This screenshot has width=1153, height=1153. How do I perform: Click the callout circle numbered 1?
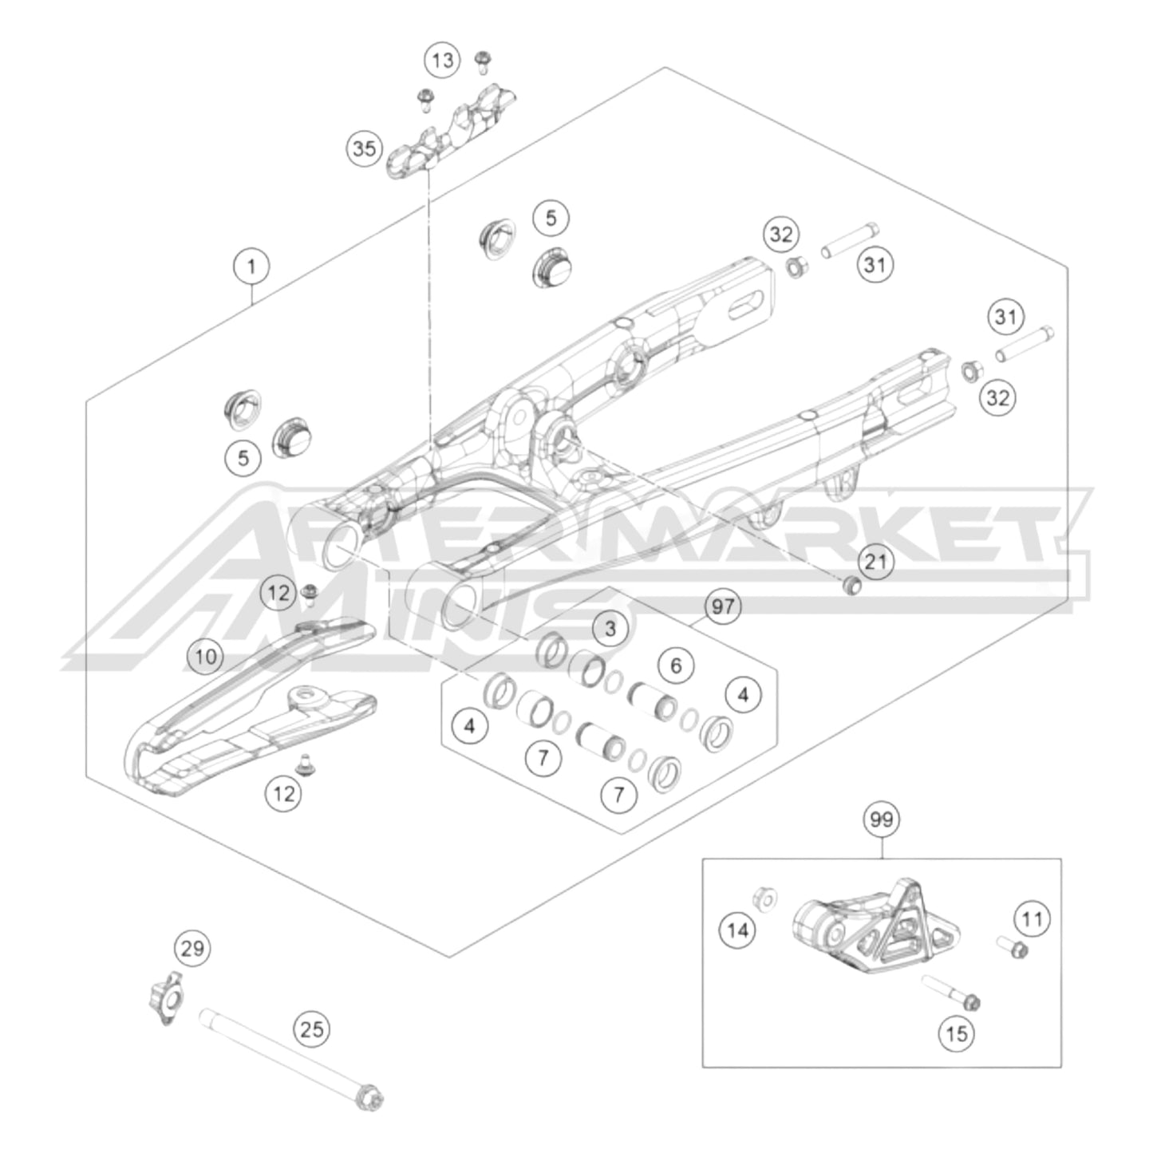point(252,265)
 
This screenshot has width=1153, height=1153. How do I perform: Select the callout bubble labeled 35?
point(364,148)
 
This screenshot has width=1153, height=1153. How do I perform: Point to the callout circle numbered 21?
point(876,562)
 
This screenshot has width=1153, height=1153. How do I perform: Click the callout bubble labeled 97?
point(722,606)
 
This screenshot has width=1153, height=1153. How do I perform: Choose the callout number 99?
point(882,820)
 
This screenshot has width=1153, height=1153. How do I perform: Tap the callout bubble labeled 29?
point(192,949)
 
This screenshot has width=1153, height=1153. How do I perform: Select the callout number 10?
point(206,657)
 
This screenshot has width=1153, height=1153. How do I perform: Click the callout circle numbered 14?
point(738,930)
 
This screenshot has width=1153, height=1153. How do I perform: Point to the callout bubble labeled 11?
point(1033,919)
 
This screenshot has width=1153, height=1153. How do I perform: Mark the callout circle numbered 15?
point(956,1034)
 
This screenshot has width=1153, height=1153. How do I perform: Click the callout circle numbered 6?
point(676,665)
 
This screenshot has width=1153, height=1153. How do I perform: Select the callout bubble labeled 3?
point(610,628)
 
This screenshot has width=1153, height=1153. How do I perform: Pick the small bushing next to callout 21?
point(851,585)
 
